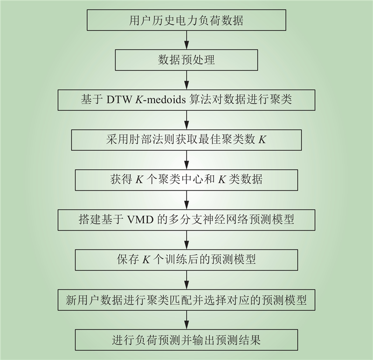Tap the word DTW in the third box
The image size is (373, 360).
click(119, 100)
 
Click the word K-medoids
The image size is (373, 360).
click(160, 100)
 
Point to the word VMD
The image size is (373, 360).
click(140, 220)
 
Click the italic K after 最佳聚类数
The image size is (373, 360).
click(262, 140)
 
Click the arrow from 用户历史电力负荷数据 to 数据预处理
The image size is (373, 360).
click(186, 40)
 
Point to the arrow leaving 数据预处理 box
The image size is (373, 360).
click(186, 80)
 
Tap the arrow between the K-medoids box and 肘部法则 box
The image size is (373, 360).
click(186, 120)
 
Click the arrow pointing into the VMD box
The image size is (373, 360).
click(186, 200)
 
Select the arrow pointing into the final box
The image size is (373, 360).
click(186, 320)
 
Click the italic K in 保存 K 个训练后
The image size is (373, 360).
click(146, 260)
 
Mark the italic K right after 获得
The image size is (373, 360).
click(139, 180)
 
